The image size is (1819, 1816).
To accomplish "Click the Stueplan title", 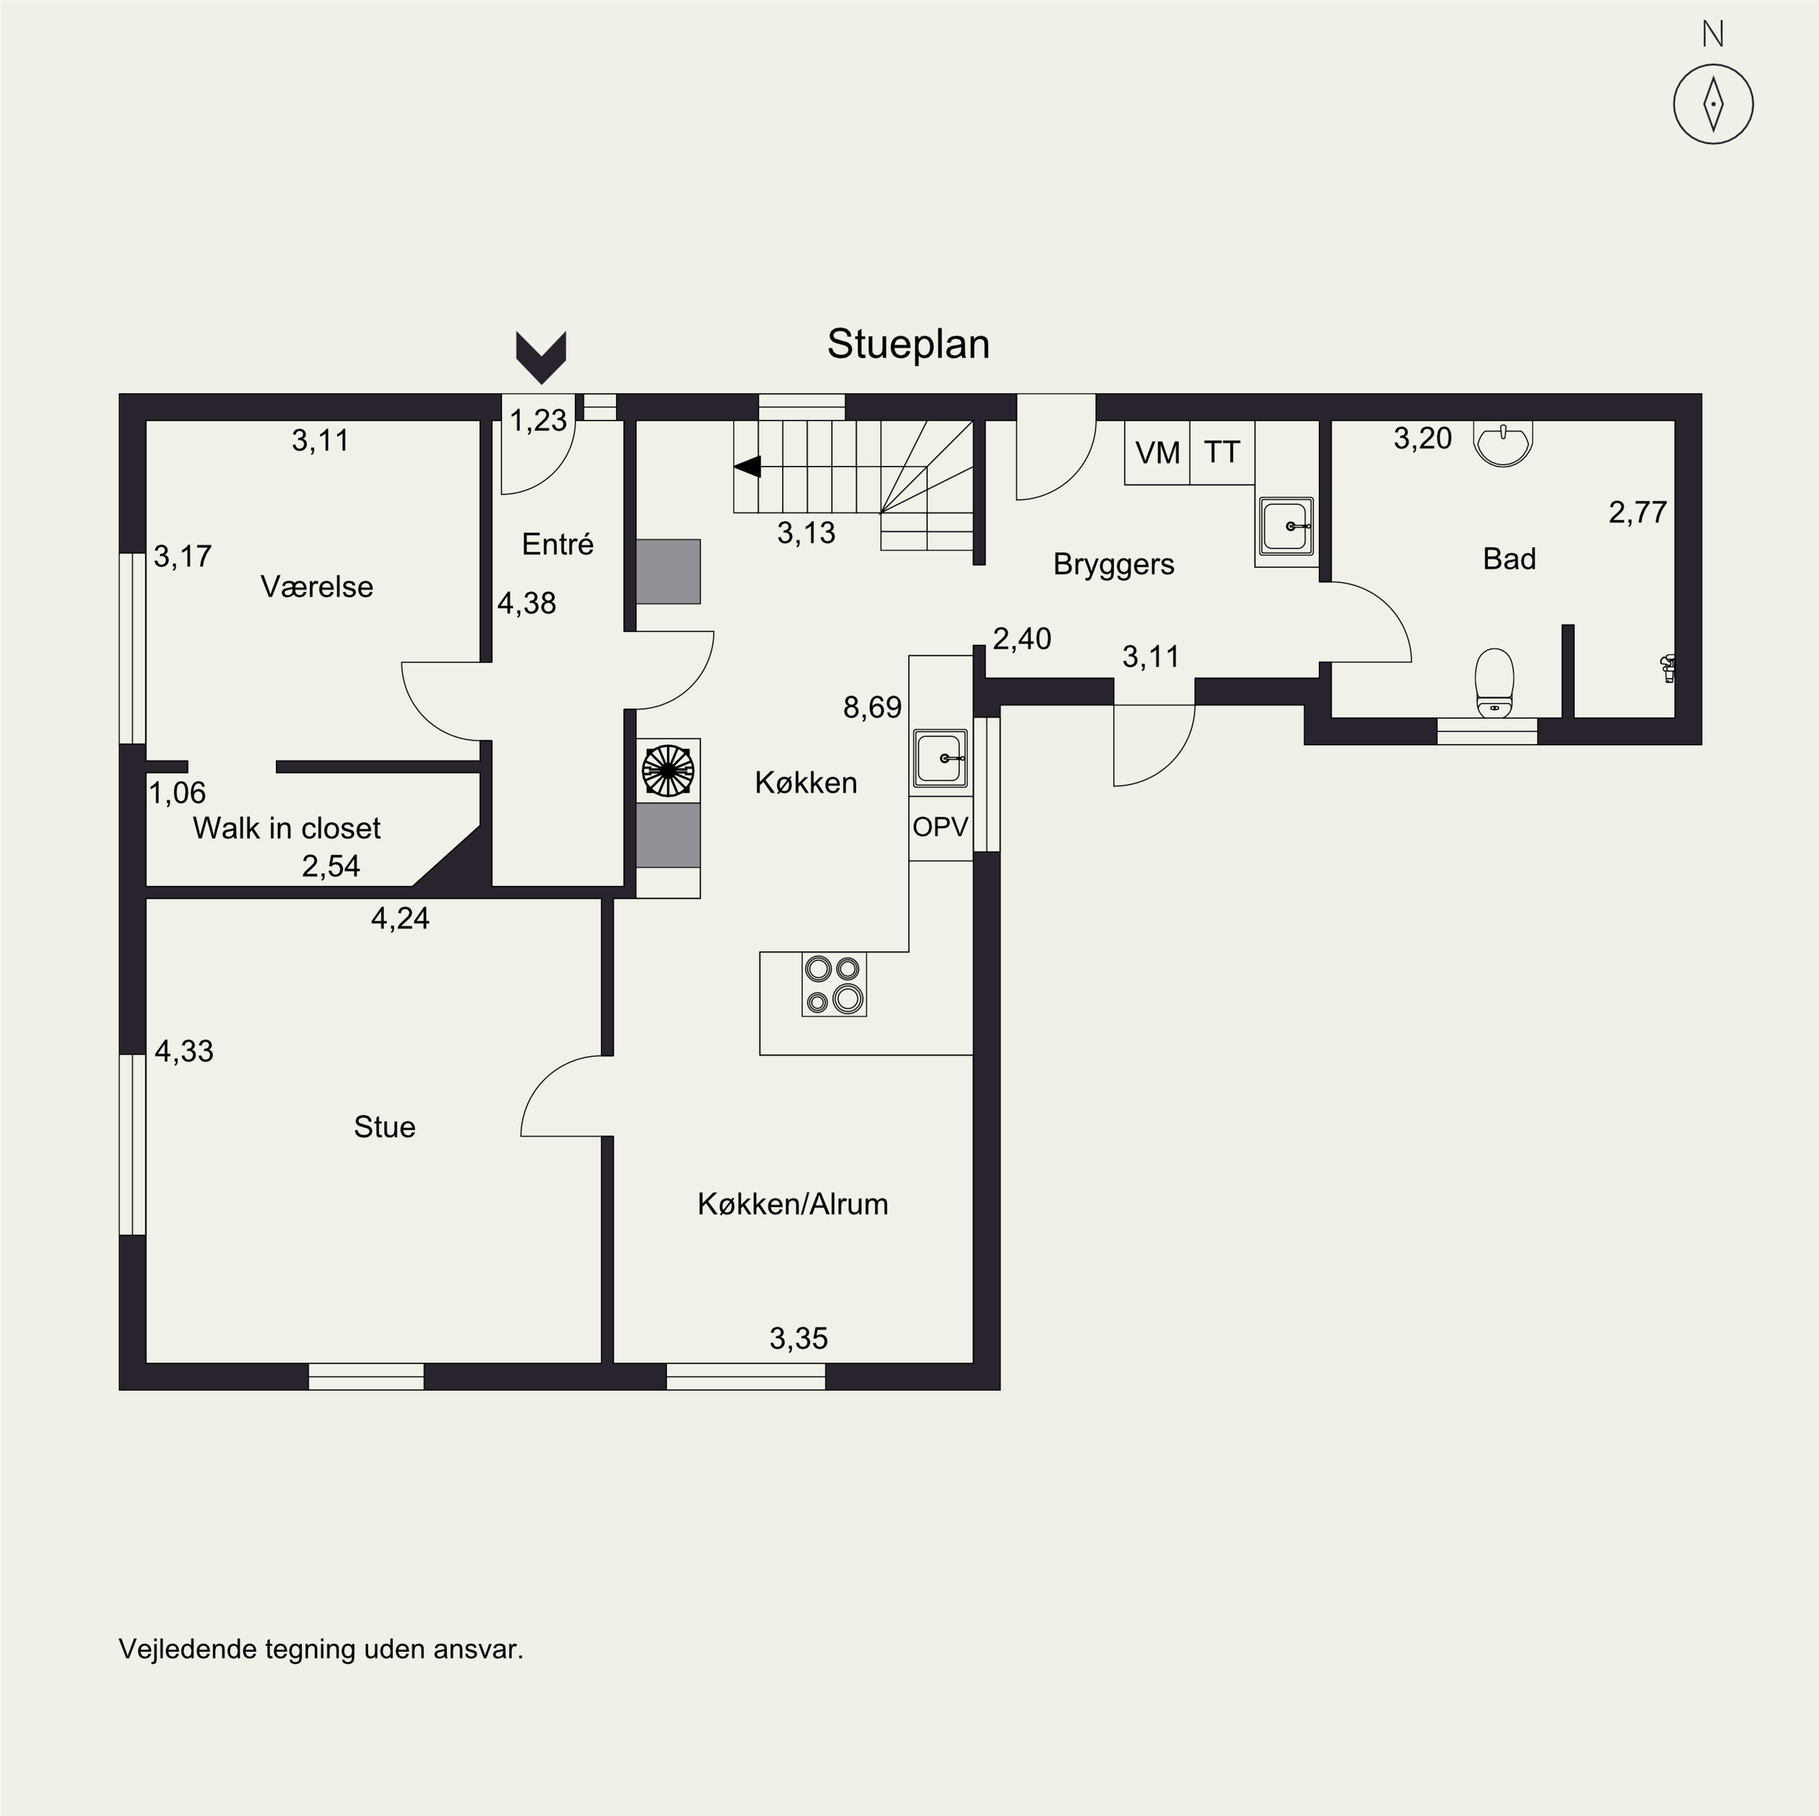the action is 908,344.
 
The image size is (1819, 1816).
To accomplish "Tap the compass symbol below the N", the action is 1713,104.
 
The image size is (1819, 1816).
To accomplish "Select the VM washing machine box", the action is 1157,453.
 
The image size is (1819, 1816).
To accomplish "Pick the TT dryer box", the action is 1222,453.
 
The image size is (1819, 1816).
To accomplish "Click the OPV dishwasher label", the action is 940,827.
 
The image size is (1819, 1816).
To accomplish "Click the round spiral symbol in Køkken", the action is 668,770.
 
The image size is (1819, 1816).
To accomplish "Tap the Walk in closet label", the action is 286,829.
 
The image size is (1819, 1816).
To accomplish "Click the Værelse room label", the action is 317,587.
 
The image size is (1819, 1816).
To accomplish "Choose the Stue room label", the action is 384,1127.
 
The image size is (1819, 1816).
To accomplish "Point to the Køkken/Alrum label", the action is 792,1204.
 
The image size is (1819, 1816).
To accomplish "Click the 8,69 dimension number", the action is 873,707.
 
